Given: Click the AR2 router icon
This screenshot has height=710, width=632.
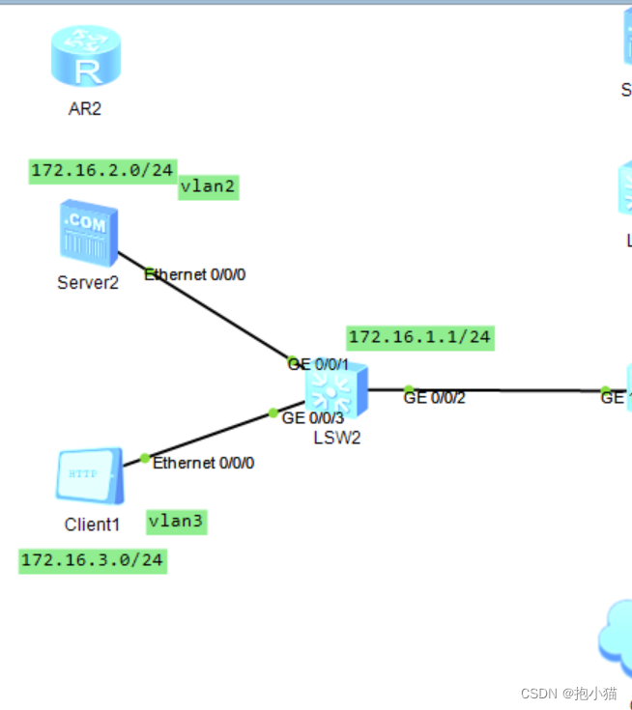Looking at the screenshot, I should pyautogui.click(x=86, y=57).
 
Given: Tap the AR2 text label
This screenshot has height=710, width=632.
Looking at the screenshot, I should pyautogui.click(x=85, y=108).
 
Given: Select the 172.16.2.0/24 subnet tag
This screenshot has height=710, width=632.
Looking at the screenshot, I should pyautogui.click(x=102, y=171).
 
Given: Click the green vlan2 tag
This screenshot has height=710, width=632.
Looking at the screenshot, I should pyautogui.click(x=208, y=188).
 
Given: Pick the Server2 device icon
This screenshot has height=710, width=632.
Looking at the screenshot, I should pyautogui.click(x=88, y=232).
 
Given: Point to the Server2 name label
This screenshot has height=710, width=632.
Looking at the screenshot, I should pyautogui.click(x=88, y=283).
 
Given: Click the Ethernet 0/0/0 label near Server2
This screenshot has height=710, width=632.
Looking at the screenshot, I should pyautogui.click(x=195, y=274).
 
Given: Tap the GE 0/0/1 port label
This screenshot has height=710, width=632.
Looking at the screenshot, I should pyautogui.click(x=318, y=364).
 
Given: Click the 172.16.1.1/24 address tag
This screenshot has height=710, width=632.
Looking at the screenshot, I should pyautogui.click(x=419, y=337).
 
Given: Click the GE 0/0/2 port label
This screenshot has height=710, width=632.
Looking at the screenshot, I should pyautogui.click(x=435, y=396).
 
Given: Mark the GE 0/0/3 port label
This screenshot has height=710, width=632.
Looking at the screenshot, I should pyautogui.click(x=312, y=417).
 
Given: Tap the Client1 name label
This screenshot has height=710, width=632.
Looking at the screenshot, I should pyautogui.click(x=93, y=525).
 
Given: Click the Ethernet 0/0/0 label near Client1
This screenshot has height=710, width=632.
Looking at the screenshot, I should pyautogui.click(x=203, y=463).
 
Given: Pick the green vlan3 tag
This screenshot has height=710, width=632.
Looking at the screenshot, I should pyautogui.click(x=177, y=522).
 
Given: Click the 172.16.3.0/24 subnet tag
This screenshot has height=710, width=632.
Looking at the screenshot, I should pyautogui.click(x=93, y=560).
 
